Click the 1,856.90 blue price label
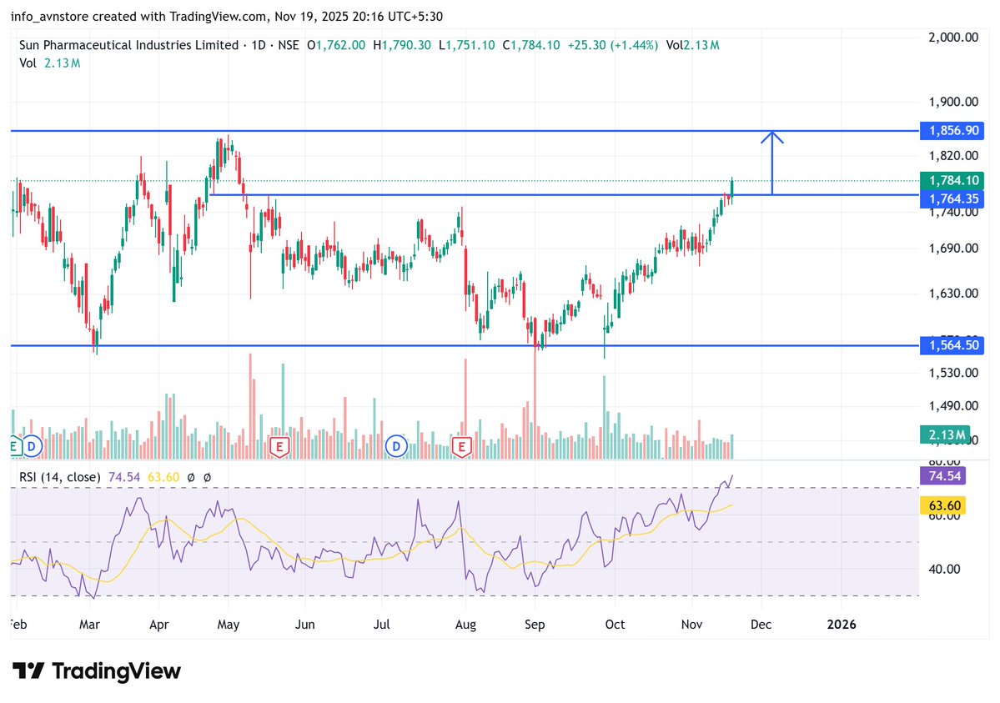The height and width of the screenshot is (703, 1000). [952, 131]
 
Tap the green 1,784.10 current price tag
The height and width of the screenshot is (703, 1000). [952, 180]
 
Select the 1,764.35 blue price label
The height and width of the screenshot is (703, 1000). [952, 198]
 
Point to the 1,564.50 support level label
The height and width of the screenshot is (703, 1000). [952, 345]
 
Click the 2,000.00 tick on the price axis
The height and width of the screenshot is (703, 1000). [952, 38]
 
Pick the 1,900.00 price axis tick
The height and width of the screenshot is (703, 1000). [952, 102]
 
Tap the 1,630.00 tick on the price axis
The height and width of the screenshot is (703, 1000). [952, 294]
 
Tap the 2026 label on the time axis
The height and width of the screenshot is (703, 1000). [841, 624]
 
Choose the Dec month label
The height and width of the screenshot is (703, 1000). [760, 624]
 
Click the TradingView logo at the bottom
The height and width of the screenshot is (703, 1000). [97, 670]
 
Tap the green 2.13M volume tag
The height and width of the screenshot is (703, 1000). [945, 435]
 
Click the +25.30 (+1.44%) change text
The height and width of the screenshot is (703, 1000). [613, 45]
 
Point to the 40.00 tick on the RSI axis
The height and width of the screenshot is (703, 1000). [945, 569]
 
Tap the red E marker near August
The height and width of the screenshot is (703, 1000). [462, 447]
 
